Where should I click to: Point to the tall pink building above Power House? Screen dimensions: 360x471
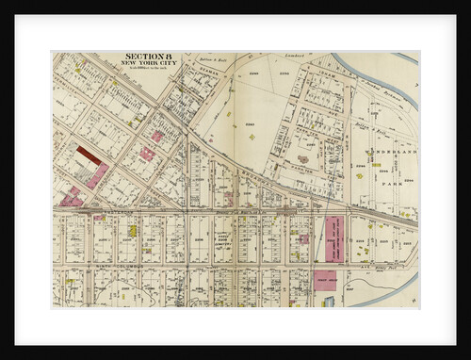point(333,238)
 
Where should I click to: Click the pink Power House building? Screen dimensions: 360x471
point(326,281)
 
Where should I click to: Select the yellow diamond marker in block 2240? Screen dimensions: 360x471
point(252,138)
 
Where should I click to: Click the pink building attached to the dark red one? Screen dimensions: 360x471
point(99,175)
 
